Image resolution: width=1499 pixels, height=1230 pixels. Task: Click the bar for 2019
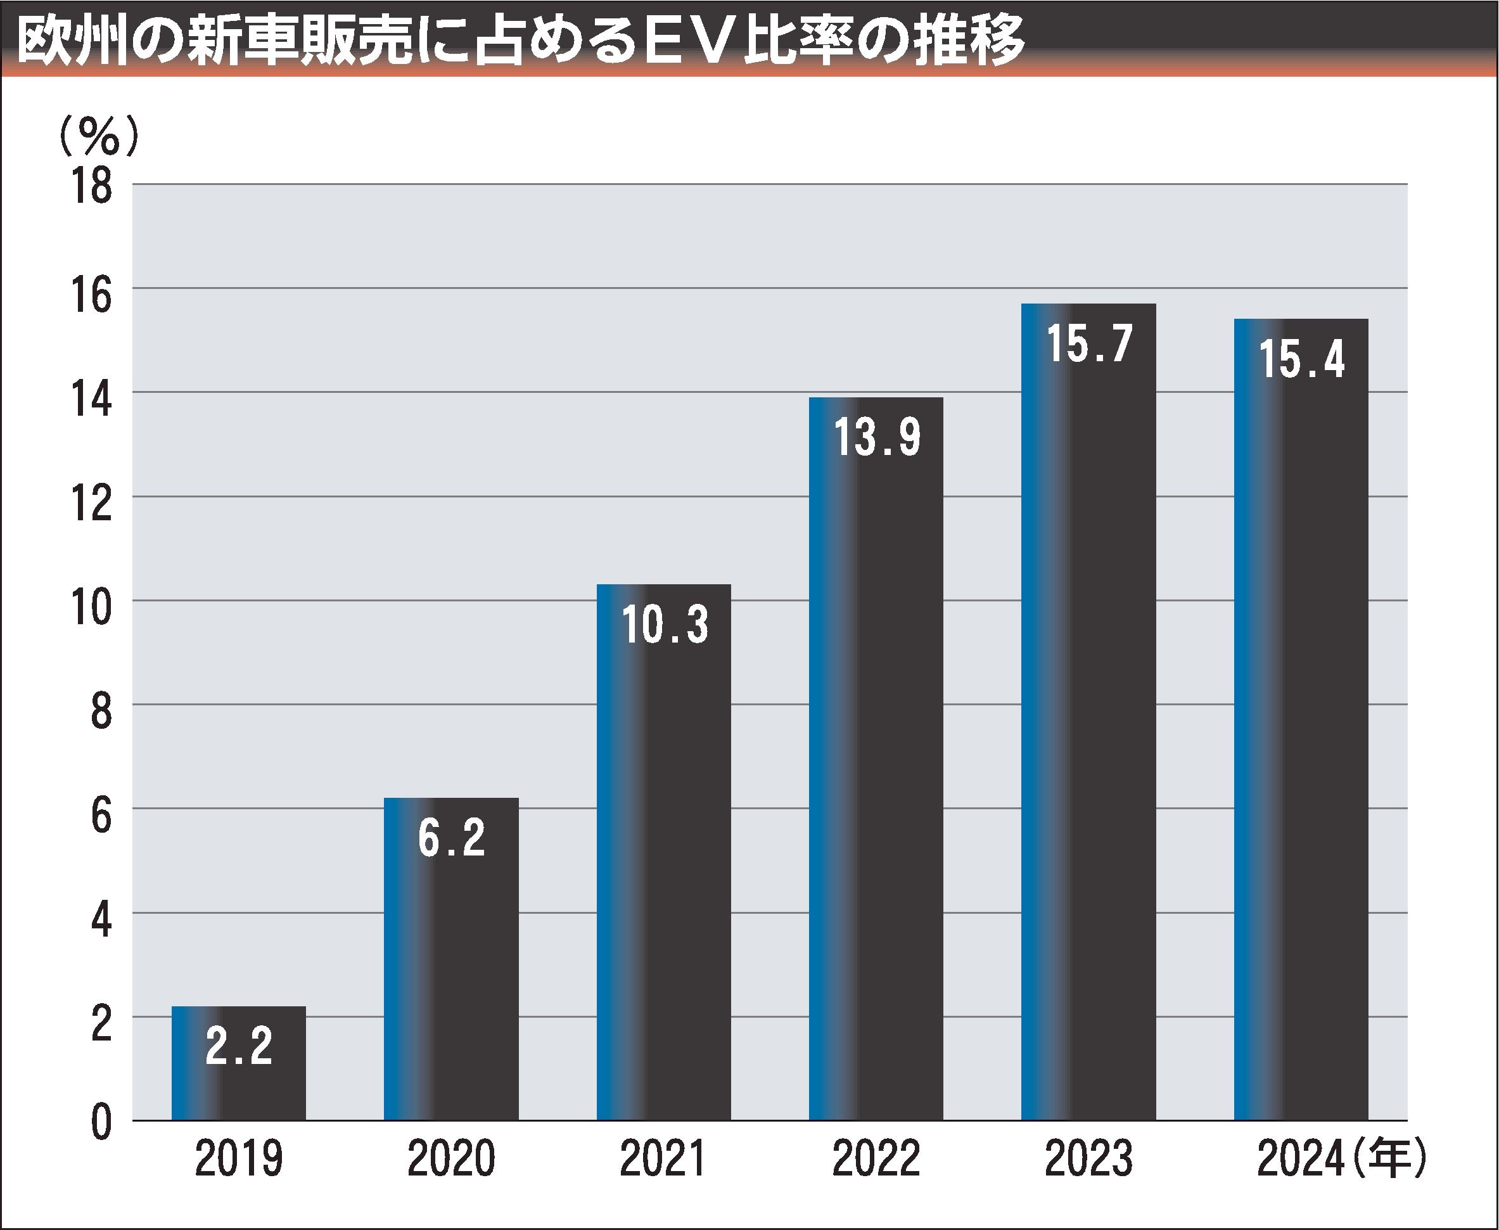239,1084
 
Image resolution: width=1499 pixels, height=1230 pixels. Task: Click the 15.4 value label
1302,359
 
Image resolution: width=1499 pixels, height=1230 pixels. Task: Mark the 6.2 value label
452,838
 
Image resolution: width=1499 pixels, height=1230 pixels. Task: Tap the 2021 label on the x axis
663,1160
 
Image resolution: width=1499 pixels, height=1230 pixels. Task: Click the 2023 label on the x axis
1089,1160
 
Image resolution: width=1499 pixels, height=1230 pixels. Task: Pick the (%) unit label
99,136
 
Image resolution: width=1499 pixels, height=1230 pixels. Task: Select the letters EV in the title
685,41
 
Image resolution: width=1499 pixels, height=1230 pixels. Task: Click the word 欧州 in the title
68,41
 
